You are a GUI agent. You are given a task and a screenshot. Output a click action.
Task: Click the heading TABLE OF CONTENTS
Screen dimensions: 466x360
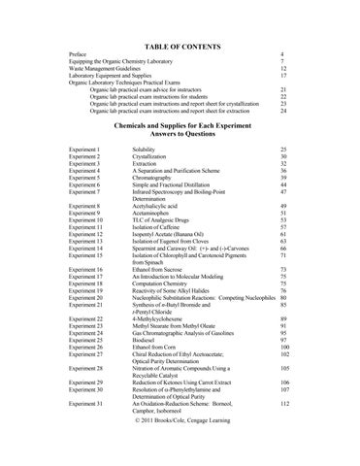coord(180,45)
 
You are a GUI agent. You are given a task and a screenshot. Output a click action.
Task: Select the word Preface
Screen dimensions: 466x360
coord(72,55)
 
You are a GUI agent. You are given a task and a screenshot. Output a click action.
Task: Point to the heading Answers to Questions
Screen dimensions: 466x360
coord(180,135)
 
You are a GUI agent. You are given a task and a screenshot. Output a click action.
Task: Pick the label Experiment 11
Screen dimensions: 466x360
coord(82,228)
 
